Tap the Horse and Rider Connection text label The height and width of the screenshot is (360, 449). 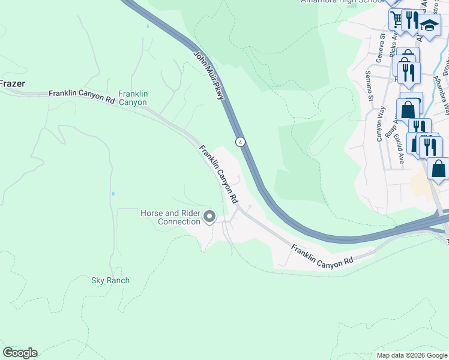coord(170,217)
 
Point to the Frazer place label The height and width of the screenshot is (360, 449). coord(12,84)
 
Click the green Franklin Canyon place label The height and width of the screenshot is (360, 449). coord(133,98)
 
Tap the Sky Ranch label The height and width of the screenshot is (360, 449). coord(110,280)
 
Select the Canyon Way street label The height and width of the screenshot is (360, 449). coord(380,124)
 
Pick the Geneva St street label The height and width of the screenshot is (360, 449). coord(381,44)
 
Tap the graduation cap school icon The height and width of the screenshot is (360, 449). coord(429,26)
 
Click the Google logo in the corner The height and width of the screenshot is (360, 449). coord(20,353)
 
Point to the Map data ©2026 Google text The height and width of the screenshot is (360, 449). coord(411,355)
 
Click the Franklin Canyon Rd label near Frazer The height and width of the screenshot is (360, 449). coord(82,94)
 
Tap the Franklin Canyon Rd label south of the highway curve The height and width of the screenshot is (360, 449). coord(322,255)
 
